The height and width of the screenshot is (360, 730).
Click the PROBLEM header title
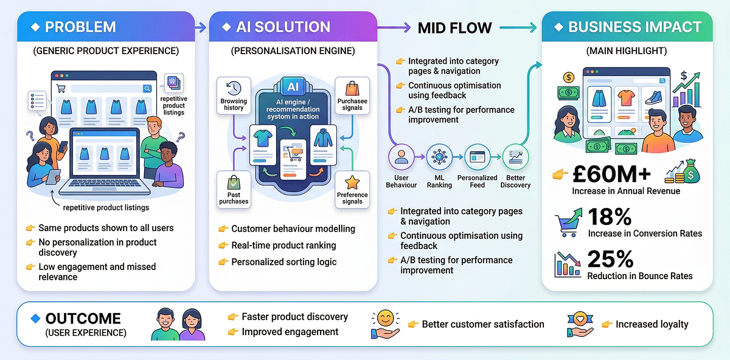(80, 27)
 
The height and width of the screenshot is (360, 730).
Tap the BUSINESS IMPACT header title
(634, 27)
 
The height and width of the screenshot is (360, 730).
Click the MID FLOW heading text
(454, 27)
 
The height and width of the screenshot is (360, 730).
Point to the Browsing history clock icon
(234, 88)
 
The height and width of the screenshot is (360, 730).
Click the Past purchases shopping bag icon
(234, 183)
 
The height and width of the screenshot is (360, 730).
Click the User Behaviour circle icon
(401, 157)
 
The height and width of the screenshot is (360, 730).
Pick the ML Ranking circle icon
(439, 157)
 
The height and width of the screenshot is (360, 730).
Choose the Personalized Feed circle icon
(477, 157)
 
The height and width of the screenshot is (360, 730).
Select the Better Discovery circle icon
(515, 157)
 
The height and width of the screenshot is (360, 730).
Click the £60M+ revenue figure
(611, 175)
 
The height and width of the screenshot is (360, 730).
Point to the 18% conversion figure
(610, 217)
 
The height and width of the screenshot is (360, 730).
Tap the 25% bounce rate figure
(611, 260)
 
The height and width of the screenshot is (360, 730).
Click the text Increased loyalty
(652, 324)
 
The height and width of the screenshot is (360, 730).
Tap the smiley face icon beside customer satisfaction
(384, 319)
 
